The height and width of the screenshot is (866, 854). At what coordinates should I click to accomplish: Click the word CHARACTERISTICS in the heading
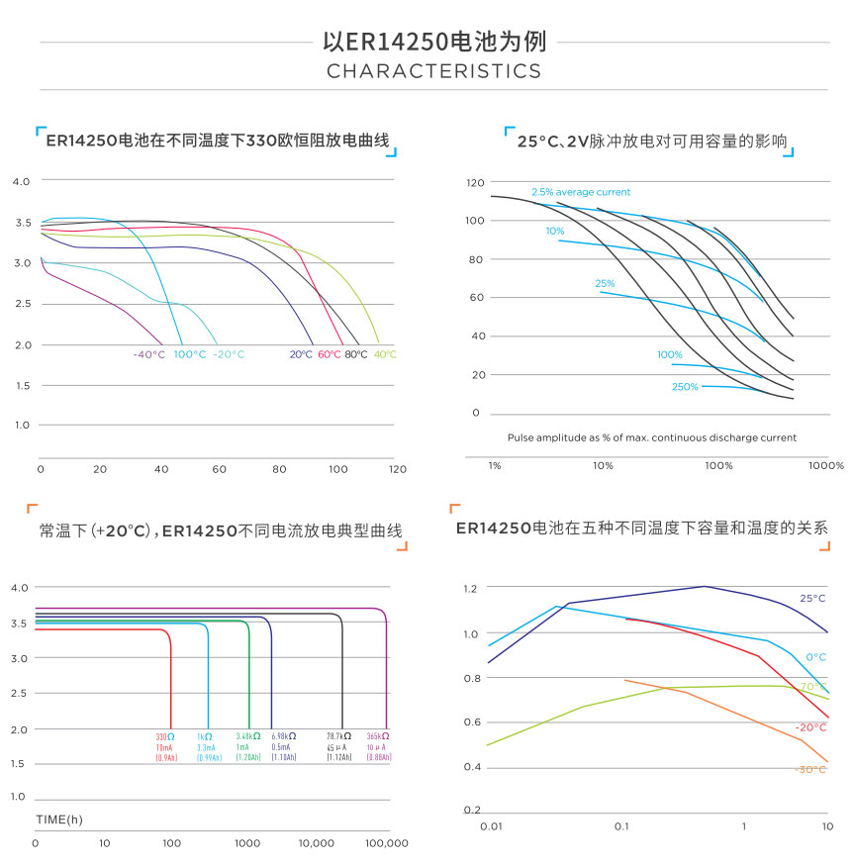[x=433, y=71]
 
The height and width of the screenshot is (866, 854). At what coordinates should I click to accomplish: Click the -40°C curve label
[x=148, y=354]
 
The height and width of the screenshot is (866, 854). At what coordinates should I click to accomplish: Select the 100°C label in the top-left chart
[x=190, y=354]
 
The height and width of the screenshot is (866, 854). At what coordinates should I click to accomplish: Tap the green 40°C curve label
[x=385, y=354]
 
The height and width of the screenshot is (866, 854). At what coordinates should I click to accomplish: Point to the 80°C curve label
[x=356, y=354]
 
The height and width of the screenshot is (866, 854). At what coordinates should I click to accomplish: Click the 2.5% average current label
[x=580, y=192]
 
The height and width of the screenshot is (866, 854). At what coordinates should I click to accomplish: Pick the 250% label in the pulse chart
[x=685, y=387]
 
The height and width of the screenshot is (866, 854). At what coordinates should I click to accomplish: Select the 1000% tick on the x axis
[x=824, y=465]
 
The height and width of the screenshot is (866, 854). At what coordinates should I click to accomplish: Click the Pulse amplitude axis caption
[x=651, y=437]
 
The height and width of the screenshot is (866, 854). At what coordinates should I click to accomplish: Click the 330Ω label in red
[x=164, y=737]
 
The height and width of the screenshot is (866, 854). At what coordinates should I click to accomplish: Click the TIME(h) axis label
[x=59, y=819]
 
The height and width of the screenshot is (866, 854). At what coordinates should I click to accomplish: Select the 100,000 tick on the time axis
[x=387, y=843]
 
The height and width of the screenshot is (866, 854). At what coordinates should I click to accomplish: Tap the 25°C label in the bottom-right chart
[x=812, y=599]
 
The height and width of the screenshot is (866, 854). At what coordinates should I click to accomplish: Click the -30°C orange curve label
[x=810, y=769]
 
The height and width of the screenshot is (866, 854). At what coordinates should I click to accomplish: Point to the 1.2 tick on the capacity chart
[x=470, y=588]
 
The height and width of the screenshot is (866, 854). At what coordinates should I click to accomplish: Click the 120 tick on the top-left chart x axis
[x=397, y=469]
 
